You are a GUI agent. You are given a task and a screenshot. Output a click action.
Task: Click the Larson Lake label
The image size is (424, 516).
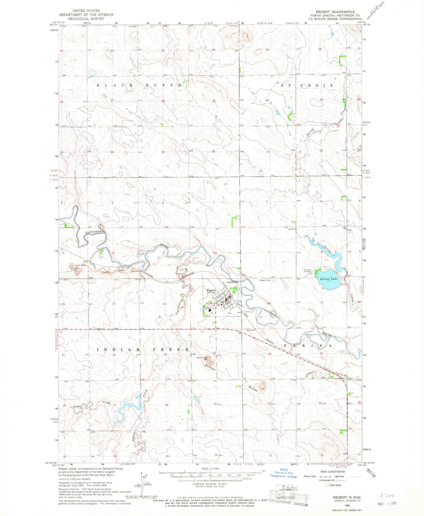pos(329,279)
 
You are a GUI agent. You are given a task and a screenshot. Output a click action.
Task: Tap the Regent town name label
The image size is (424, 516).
pos(211,290)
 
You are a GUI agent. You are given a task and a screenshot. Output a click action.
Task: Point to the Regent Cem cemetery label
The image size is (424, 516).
pos(265,280)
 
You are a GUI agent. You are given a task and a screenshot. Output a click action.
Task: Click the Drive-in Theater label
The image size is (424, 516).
pos(307,271)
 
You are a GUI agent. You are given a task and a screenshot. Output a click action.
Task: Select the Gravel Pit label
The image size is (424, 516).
pos(308,335)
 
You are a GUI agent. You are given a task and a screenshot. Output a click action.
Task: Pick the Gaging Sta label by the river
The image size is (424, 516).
pos(231,282)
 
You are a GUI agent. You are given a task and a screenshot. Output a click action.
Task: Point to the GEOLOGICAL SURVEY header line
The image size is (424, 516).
pos(86,18)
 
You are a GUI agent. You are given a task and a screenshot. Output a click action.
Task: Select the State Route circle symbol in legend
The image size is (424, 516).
pos(327,485)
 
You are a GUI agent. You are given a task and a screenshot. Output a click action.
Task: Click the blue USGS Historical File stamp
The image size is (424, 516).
pos(283,473)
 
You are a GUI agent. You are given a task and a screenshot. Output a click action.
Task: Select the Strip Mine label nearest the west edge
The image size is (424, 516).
pos(81,265)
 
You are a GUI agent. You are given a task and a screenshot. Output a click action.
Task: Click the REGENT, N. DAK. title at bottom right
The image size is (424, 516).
pos(347,498)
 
